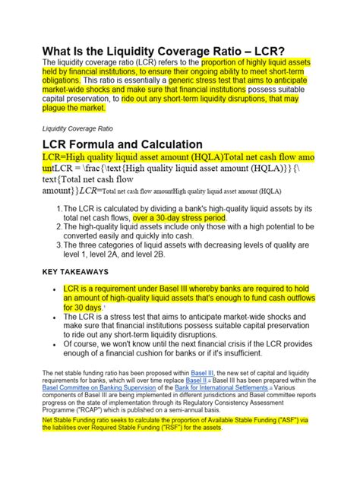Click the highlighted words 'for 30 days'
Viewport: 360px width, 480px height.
[x=81, y=308]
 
